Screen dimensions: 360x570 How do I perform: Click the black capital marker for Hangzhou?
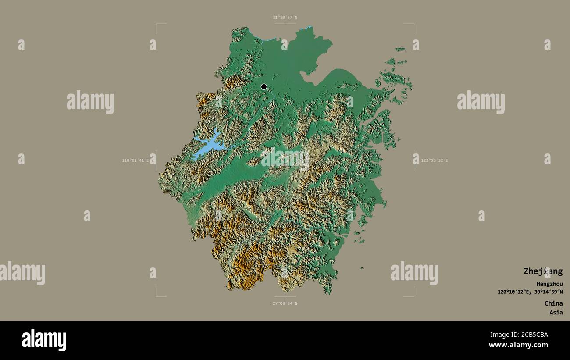pos(264,87)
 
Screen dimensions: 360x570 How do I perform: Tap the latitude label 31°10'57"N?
pos(285,18)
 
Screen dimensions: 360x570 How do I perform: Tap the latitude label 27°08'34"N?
pos(285,303)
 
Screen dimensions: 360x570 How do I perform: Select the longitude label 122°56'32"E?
pos(435,160)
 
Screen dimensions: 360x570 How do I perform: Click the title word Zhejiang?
pos(543,271)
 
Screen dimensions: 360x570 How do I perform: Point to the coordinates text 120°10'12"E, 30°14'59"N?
pos(530,292)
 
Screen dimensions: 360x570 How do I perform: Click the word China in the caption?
pos(553,303)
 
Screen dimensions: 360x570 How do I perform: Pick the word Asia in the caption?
pos(556,313)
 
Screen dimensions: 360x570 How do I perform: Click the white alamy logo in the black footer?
pos(44,340)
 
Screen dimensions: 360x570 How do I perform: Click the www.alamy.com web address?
pos(518,346)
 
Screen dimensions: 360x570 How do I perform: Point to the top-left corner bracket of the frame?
pos(157,25)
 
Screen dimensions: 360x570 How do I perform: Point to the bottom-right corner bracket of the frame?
pos(413,296)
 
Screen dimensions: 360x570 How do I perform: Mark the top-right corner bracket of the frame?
pos(413,25)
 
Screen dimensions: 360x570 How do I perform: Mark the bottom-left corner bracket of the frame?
pos(157,296)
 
